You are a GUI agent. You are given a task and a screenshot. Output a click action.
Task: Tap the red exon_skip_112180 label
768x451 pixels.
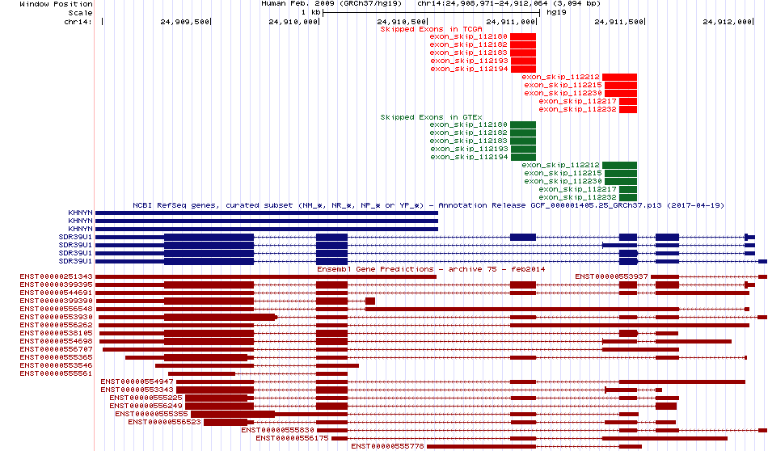tap(469, 36)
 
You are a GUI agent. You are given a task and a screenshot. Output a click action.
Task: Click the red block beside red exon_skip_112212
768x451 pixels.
tap(619, 77)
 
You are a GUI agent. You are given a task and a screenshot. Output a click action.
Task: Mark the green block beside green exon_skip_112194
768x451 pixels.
tap(523, 157)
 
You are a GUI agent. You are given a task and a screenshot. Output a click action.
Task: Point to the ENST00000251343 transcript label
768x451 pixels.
tap(56, 276)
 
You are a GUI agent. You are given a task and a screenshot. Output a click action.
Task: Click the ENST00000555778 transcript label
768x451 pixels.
tap(387, 446)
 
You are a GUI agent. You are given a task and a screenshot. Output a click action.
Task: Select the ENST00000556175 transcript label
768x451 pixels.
tap(292, 438)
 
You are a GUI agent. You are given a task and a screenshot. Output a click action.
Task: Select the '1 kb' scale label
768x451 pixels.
tap(310, 13)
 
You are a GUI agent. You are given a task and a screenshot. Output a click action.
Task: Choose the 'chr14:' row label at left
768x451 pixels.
tap(78, 22)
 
